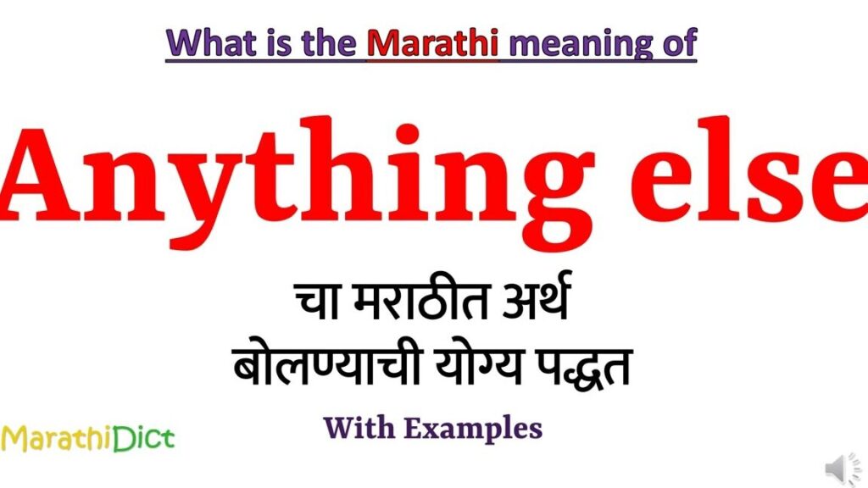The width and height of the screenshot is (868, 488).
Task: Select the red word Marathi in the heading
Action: click(x=432, y=42)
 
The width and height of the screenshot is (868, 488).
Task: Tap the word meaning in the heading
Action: click(x=576, y=42)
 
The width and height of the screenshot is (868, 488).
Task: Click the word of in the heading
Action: click(x=677, y=42)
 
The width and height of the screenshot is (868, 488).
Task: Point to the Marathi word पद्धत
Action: click(x=587, y=371)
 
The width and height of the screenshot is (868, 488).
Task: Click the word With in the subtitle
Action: click(x=359, y=428)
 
